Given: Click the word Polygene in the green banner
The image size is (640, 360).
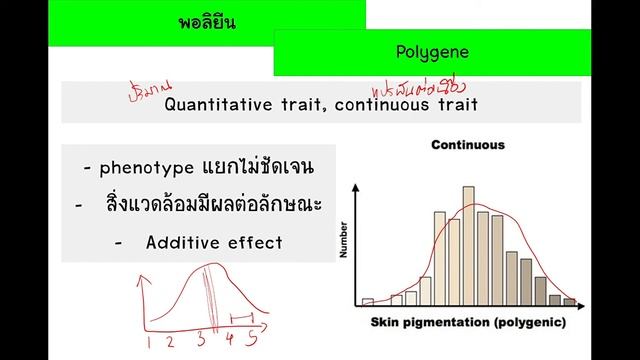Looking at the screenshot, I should pyautogui.click(x=431, y=51).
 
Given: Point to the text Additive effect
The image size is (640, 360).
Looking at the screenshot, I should pyautogui.click(x=213, y=242).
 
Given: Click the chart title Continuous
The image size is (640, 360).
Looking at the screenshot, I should pyautogui.click(x=467, y=145).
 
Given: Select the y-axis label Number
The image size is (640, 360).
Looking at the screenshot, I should pyautogui.click(x=342, y=241).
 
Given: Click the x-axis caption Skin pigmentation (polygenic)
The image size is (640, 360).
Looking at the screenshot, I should pyautogui.click(x=467, y=322).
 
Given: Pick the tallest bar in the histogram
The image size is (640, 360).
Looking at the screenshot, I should pyautogui.click(x=468, y=245).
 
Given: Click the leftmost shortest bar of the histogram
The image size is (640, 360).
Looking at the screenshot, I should pyautogui.click(x=367, y=301).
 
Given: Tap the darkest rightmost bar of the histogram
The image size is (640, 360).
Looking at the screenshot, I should pyautogui.click(x=570, y=301).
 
